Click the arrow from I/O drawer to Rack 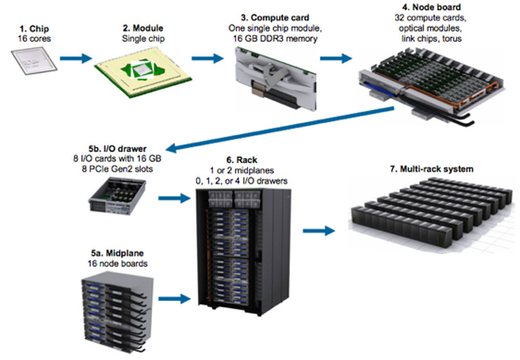coord(174,198)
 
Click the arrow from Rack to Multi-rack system coord(319,229)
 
